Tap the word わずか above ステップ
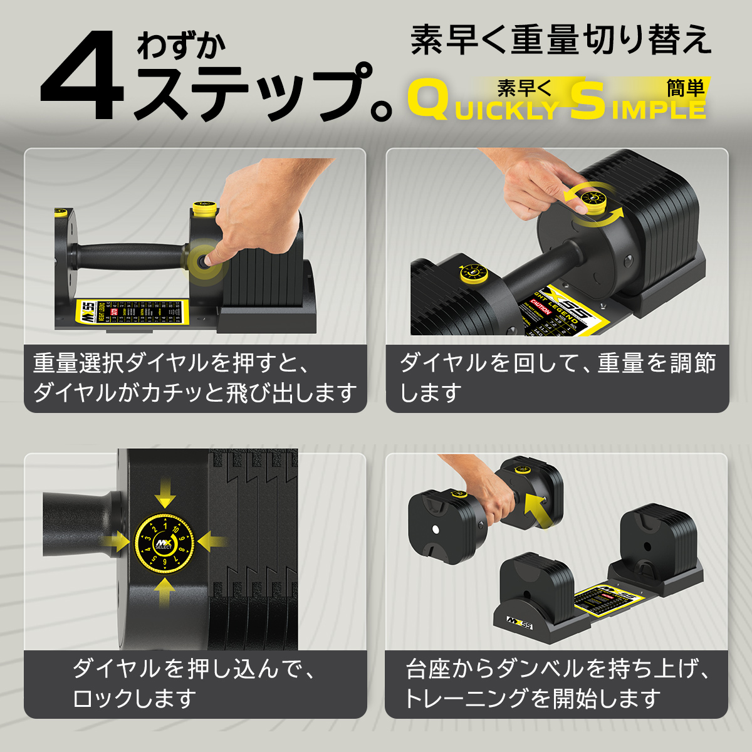(181, 45)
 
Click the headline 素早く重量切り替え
(561, 40)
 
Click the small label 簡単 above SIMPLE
(685, 88)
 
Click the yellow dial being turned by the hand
(592, 201)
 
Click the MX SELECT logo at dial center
(164, 543)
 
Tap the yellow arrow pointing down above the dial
(165, 493)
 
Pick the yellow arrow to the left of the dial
(118, 542)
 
